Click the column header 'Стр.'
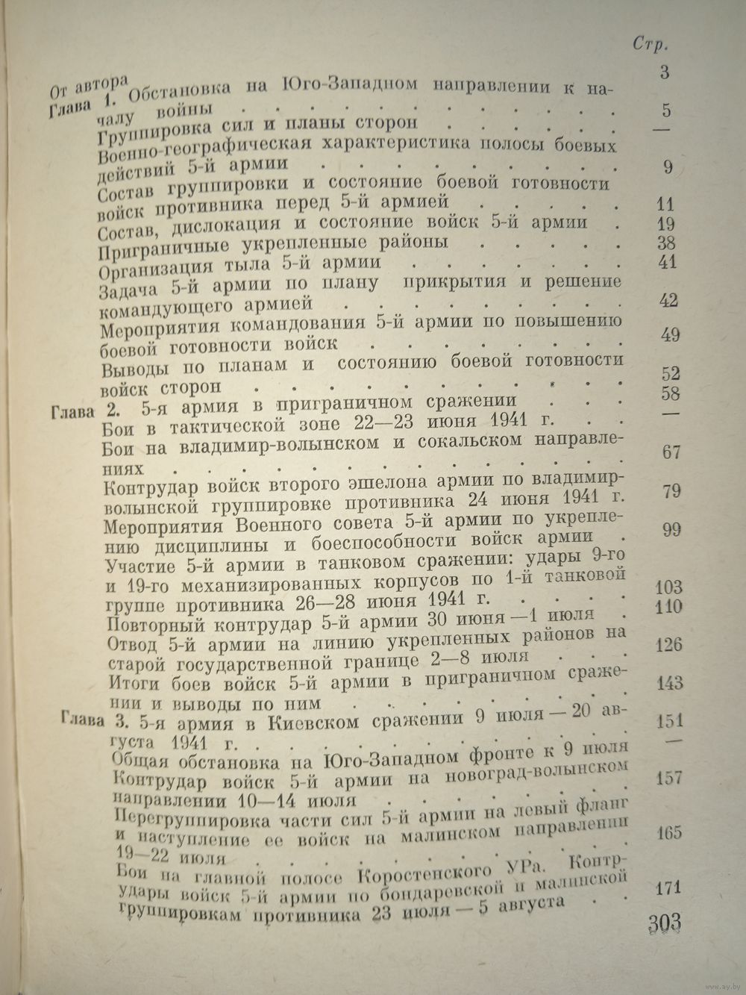651,43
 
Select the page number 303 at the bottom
660,923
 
